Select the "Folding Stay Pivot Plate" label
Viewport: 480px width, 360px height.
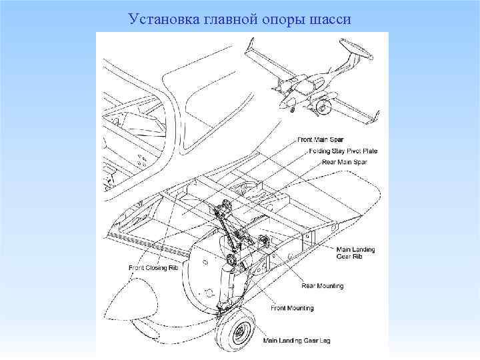pyautogui.click(x=343, y=151)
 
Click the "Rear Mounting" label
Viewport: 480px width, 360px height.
pyautogui.click(x=323, y=286)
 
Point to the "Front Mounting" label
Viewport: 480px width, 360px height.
pyautogui.click(x=292, y=308)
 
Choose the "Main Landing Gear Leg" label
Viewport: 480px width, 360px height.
pyautogui.click(x=297, y=341)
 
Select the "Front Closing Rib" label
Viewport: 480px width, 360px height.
pyautogui.click(x=154, y=268)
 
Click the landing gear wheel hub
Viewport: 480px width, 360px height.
pyautogui.click(x=243, y=332)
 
